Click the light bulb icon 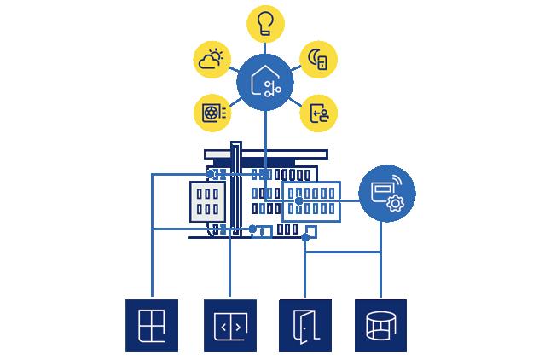[264, 24]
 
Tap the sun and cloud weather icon [213, 60]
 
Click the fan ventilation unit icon [212, 113]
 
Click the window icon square [151, 326]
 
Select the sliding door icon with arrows [229, 326]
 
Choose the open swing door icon [305, 326]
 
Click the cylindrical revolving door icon [380, 326]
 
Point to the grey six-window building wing [207, 202]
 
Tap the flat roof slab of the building [264, 154]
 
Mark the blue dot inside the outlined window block [298, 201]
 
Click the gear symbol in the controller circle [395, 203]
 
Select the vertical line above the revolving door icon [380, 273]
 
